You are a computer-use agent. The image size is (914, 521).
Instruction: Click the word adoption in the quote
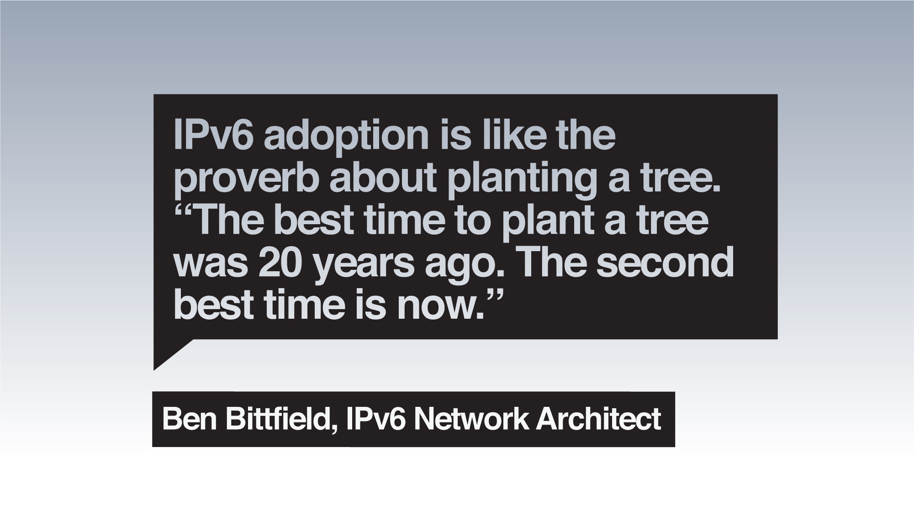[x=346, y=137]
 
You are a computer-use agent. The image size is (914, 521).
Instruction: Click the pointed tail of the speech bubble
[x=154, y=369]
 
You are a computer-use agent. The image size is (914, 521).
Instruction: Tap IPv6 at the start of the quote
[x=213, y=137]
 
